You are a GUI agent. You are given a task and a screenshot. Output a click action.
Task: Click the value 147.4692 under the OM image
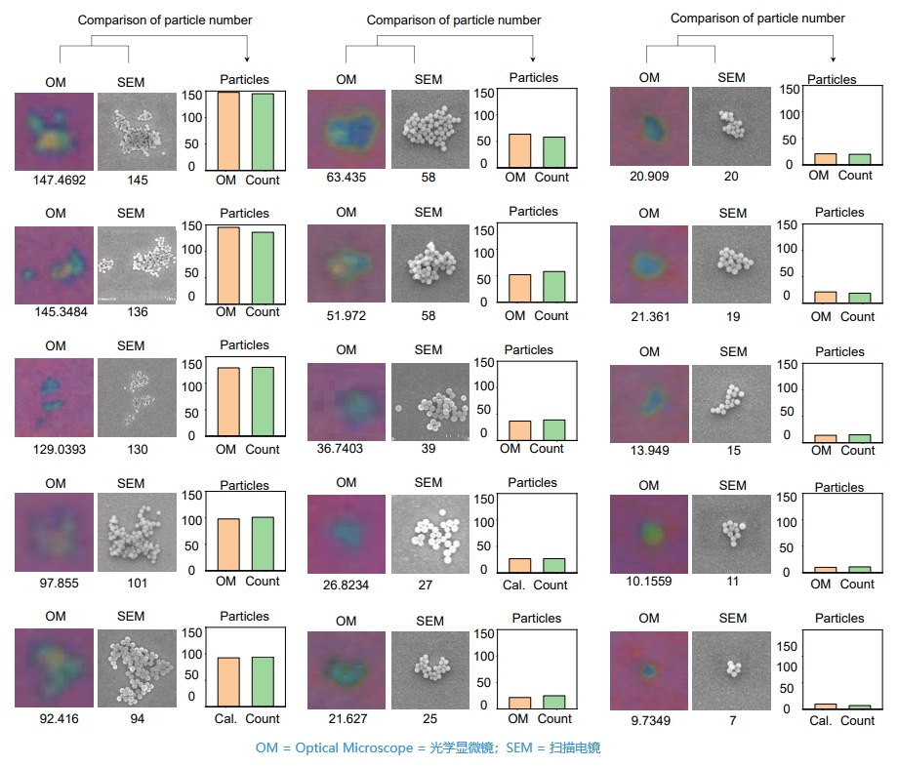55,180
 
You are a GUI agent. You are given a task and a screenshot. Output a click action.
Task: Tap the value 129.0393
55,450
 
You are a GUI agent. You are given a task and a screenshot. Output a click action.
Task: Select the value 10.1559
649,582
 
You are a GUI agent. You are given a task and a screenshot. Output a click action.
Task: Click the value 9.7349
649,720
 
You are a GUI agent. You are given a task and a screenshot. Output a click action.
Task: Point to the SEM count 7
733,720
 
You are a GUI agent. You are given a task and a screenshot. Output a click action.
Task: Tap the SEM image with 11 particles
731,534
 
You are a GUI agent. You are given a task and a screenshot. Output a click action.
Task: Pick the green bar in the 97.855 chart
263,543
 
